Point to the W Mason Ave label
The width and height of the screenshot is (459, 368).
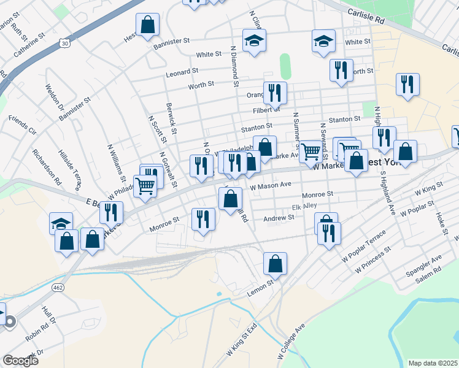[x=271, y=185]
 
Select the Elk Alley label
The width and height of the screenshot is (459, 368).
[x=304, y=207]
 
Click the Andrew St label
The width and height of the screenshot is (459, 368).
[x=279, y=218]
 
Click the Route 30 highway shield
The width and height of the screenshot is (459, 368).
[x=64, y=42]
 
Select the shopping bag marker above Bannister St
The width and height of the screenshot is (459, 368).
[x=147, y=25]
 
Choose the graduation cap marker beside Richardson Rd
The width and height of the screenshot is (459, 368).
[x=61, y=223]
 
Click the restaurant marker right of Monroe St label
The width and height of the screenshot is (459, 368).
[x=203, y=219]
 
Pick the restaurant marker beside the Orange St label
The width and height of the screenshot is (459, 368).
[x=275, y=93]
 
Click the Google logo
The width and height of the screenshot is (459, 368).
[x=20, y=360]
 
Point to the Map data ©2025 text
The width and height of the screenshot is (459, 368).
[x=432, y=363]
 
